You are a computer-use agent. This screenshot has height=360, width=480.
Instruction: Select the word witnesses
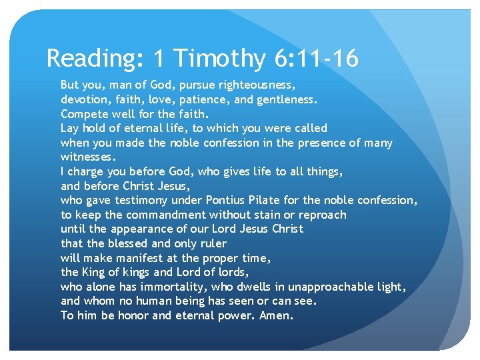tap(88, 157)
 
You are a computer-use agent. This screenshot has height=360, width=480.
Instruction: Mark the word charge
tap(87, 172)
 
